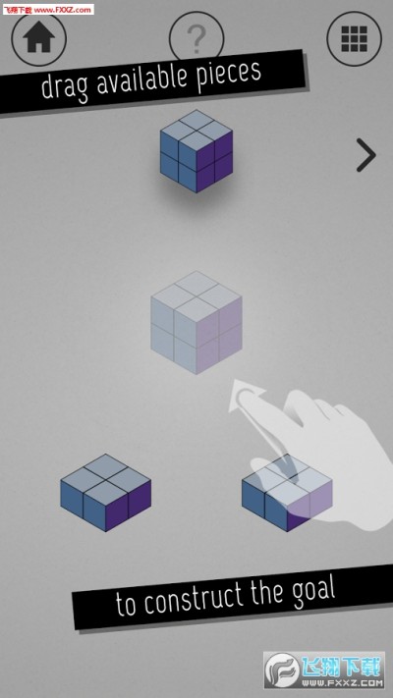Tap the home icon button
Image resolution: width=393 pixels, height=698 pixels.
[38, 38]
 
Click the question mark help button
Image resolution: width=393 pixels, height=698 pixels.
[196, 36]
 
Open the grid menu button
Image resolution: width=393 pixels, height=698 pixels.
[355, 38]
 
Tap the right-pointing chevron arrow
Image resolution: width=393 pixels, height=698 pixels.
[366, 155]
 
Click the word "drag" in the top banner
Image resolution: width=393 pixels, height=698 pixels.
[66, 86]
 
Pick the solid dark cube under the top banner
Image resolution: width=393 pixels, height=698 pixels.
[196, 151]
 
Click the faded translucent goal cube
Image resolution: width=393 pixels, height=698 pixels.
[196, 322]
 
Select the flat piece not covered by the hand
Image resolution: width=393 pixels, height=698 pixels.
[105, 493]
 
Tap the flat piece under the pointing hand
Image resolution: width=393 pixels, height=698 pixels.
[287, 493]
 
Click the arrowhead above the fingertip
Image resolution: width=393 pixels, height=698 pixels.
[246, 394]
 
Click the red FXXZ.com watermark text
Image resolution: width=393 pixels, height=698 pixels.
[48, 10]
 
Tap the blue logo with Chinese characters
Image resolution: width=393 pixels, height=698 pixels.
[324, 671]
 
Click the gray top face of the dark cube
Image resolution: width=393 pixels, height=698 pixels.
[196, 132]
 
